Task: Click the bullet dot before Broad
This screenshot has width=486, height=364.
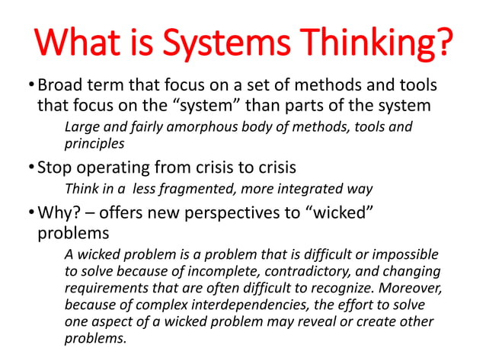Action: (x=30, y=85)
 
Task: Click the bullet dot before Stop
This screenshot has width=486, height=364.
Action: (x=30, y=167)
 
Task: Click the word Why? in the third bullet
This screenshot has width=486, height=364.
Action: (x=59, y=210)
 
